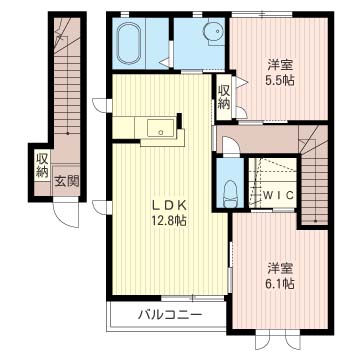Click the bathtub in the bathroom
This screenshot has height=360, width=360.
(x=129, y=43)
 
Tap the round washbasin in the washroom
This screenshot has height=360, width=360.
(x=214, y=31)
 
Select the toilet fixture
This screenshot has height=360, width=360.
(x=230, y=194)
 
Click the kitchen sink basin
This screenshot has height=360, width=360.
(x=161, y=128)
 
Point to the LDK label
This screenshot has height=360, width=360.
(x=169, y=206)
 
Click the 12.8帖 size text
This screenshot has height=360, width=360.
(x=169, y=220)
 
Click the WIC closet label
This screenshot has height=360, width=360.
(x=279, y=195)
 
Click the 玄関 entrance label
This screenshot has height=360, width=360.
(x=67, y=182)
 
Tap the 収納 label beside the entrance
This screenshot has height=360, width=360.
(x=43, y=166)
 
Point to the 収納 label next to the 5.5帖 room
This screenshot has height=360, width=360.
(x=224, y=97)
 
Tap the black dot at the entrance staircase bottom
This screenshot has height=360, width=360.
(x=68, y=133)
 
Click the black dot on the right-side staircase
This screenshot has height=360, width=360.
(x=315, y=221)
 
